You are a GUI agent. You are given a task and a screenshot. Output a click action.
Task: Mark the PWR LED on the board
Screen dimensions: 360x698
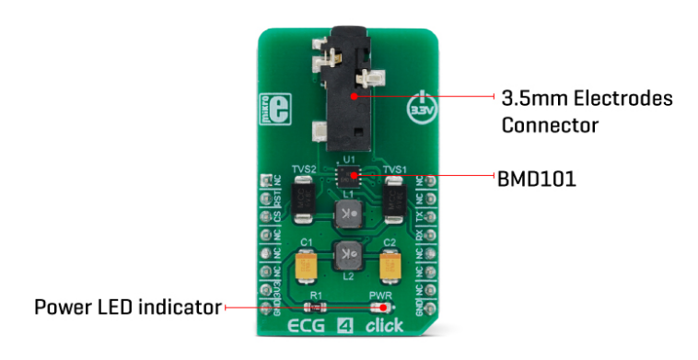click(x=380, y=307)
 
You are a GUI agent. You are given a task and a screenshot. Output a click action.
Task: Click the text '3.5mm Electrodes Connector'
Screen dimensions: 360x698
click(x=587, y=110)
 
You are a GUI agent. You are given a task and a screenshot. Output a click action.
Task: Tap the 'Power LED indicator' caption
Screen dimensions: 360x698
click(x=127, y=307)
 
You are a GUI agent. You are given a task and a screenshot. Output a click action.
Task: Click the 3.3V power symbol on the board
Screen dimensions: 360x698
click(x=421, y=108)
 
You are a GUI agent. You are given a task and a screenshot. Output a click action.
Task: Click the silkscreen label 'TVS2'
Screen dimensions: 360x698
click(x=304, y=170)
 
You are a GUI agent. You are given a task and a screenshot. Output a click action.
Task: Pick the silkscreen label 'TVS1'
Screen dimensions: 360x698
click(x=394, y=170)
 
